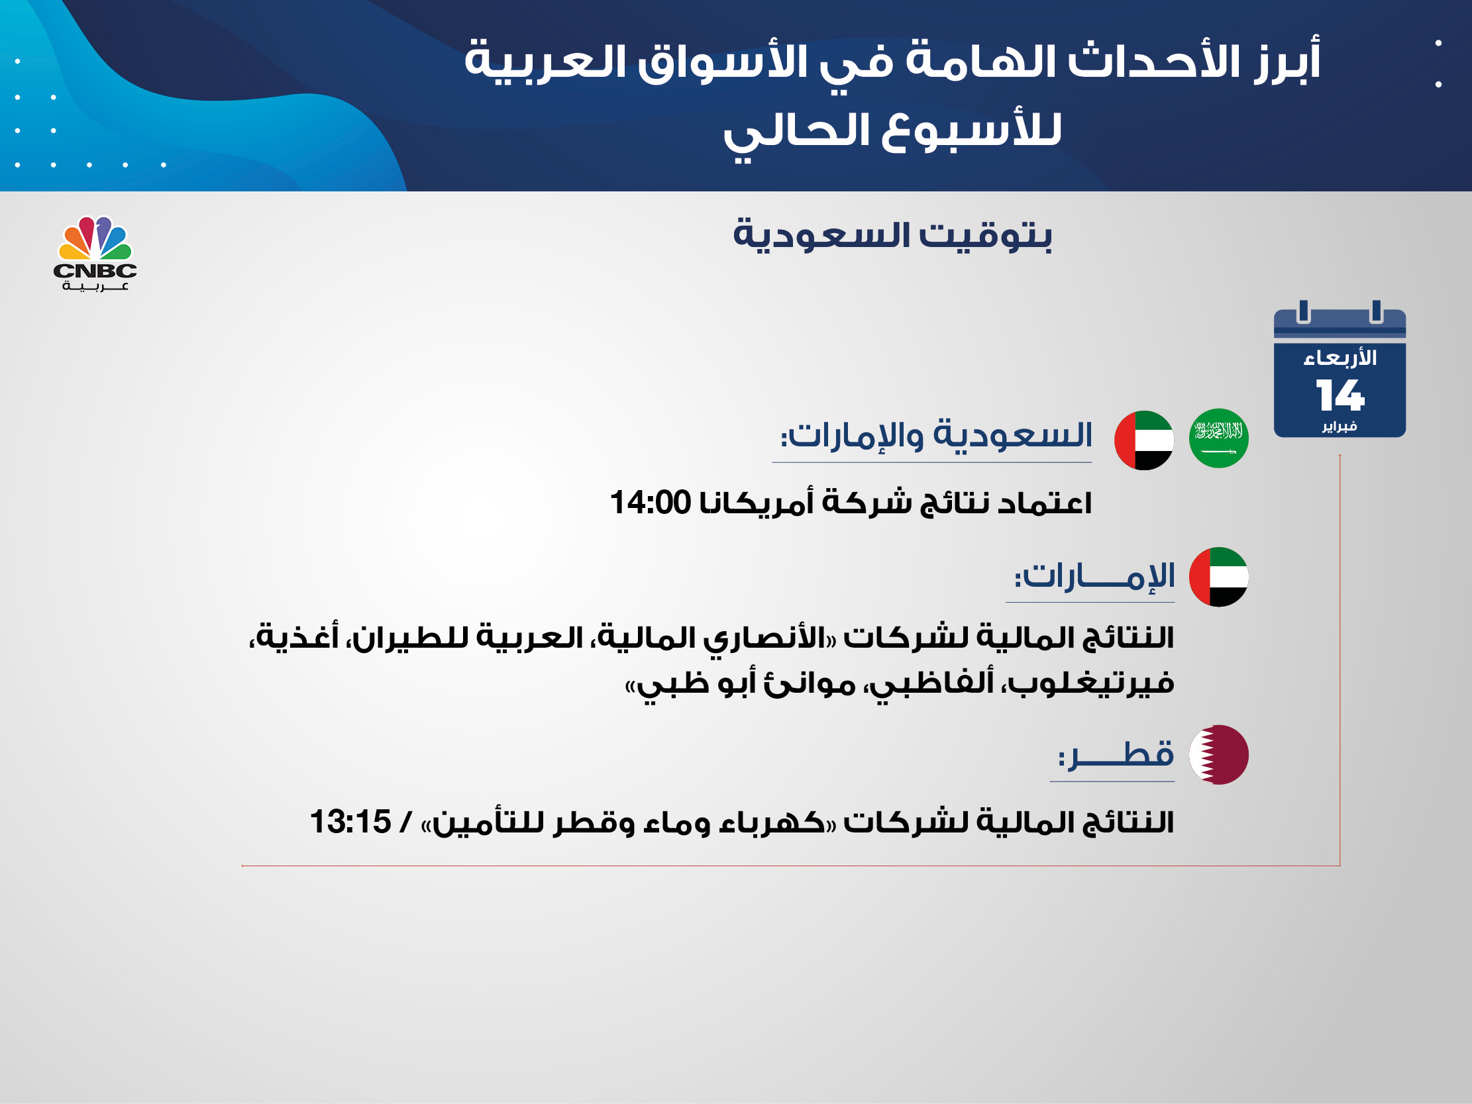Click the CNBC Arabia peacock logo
pos(95,253)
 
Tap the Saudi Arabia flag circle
pos(1218,438)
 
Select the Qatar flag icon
pos(1218,754)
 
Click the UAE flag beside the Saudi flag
pos(1144,440)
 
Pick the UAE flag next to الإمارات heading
pos(1218,577)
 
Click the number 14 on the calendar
pos(1340,395)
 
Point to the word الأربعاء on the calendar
pos(1340,358)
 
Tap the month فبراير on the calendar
pos(1340,426)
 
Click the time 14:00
pos(650,503)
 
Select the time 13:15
pos(350,822)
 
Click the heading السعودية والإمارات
pos(936,436)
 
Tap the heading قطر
pos(1116,755)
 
